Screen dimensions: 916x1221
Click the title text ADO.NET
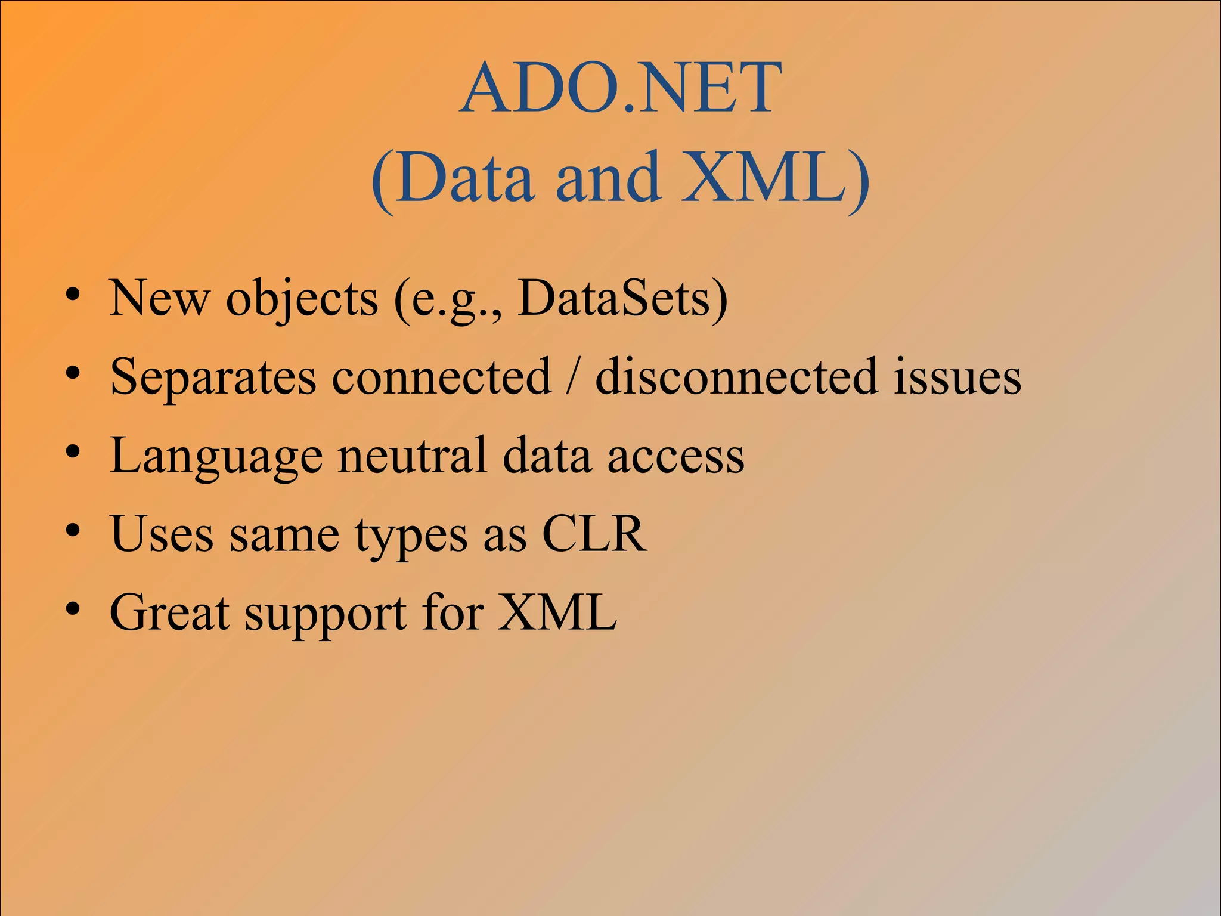click(620, 89)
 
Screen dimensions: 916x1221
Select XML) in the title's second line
click(775, 178)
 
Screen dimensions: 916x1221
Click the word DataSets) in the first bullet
click(622, 298)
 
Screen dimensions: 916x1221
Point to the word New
click(159, 298)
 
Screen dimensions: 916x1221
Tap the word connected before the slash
click(441, 377)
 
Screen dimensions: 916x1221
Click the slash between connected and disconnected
click(573, 377)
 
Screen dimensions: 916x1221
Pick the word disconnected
click(736, 377)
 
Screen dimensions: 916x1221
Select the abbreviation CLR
click(594, 534)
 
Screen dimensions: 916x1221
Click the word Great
click(169, 612)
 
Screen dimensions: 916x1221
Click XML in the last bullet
click(557, 612)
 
